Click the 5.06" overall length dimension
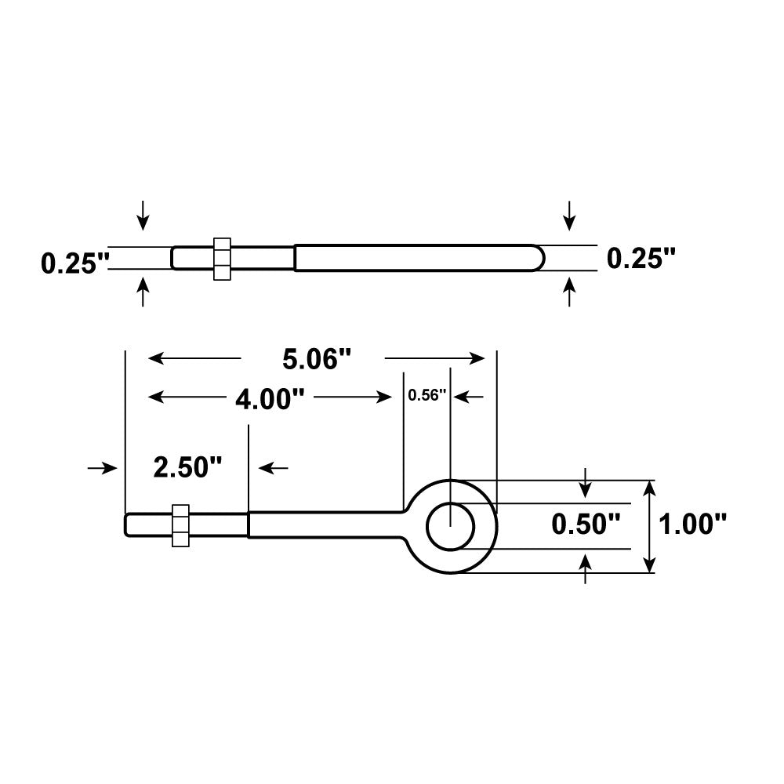click(x=315, y=359)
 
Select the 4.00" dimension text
click(x=270, y=399)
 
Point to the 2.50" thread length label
click(x=188, y=469)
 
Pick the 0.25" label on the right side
click(x=641, y=257)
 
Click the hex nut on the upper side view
click(x=222, y=258)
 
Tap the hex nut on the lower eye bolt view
click(x=180, y=524)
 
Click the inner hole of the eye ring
click(x=450, y=525)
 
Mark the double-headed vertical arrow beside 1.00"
click(x=648, y=526)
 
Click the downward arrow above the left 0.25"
click(x=143, y=215)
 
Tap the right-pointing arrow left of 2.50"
click(x=102, y=468)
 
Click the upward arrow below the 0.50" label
click(x=586, y=568)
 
